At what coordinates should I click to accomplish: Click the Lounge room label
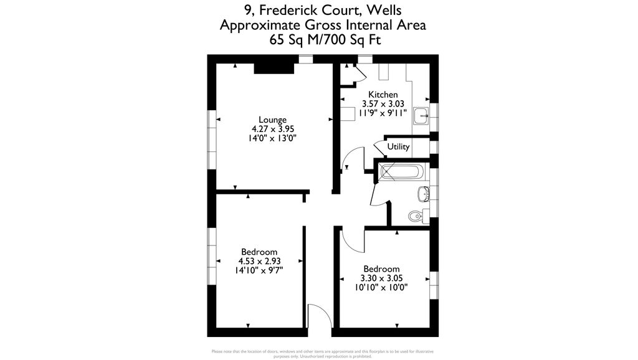[x=273, y=120]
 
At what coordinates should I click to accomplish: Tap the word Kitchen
[x=383, y=95]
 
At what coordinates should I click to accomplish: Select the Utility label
[x=399, y=147]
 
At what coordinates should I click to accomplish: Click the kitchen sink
[x=422, y=114]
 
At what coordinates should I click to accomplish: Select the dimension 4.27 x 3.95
[x=273, y=129]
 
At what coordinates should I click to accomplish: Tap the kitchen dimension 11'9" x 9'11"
[x=383, y=113]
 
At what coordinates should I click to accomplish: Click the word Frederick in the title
[x=290, y=10]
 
